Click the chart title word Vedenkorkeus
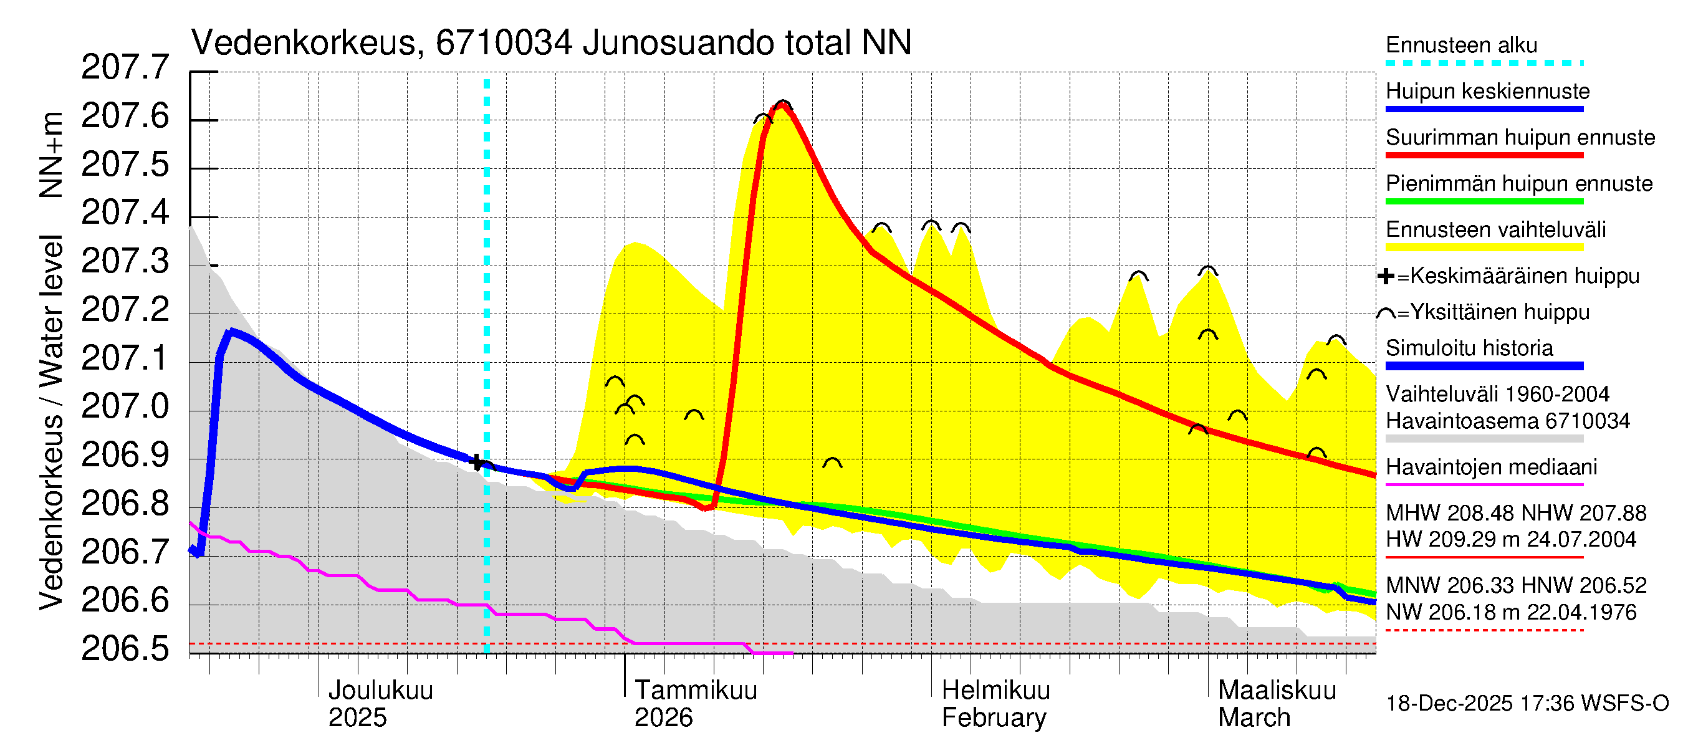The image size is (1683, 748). [x=304, y=43]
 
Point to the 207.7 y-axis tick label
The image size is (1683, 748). [x=125, y=67]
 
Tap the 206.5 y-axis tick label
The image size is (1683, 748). [x=125, y=649]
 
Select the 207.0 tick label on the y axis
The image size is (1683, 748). [x=125, y=406]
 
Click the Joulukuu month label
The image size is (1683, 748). [x=380, y=691]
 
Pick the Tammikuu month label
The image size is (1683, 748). [x=696, y=691]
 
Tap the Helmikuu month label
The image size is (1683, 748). [x=995, y=691]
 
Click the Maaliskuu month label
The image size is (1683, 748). [x=1277, y=691]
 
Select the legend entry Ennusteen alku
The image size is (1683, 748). [x=1462, y=46]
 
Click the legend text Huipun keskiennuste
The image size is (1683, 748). [x=1488, y=92]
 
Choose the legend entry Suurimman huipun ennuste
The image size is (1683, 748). [x=1520, y=138]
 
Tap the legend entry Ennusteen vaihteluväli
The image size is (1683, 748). [x=1495, y=230]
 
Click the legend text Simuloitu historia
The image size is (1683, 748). [x=1469, y=348]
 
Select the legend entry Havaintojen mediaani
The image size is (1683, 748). [x=1492, y=467]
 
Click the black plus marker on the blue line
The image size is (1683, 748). [x=476, y=462]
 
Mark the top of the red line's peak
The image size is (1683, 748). [x=782, y=106]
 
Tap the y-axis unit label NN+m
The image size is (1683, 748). [x=51, y=155]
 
